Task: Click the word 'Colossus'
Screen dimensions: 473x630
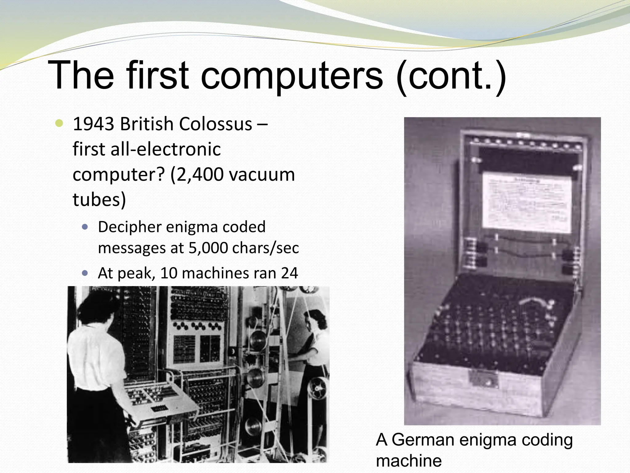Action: click(x=215, y=124)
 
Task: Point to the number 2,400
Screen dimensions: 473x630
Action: click(x=197, y=175)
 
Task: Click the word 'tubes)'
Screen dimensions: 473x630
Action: click(x=99, y=200)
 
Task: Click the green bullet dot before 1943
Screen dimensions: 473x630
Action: click(x=59, y=124)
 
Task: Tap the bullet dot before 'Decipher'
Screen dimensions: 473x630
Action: click(x=85, y=227)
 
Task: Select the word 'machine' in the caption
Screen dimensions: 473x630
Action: click(x=409, y=461)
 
